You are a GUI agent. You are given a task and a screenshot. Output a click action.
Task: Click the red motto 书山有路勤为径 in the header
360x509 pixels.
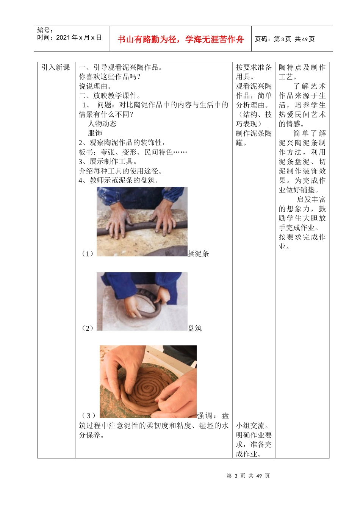180,39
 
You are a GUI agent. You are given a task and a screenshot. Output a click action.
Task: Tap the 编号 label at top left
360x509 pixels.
45,30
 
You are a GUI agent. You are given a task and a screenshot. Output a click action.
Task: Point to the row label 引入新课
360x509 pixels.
56,67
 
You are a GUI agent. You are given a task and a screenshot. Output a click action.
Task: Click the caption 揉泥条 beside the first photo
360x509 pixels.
198,254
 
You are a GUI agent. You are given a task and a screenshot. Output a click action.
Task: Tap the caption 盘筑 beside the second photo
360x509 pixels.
195,328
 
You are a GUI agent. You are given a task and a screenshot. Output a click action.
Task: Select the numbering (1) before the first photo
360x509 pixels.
88,254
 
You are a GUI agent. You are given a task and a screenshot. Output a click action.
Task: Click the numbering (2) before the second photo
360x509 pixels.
88,328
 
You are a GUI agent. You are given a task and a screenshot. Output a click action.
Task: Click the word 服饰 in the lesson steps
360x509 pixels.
95,133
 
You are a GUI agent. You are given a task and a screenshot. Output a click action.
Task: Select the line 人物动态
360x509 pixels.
102,124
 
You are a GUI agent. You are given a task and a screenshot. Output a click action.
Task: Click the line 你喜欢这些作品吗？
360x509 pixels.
110,77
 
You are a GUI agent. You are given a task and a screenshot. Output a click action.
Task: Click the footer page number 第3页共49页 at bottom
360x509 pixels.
248,476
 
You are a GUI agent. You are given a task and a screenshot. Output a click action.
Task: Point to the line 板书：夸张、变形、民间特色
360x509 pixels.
133,152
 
